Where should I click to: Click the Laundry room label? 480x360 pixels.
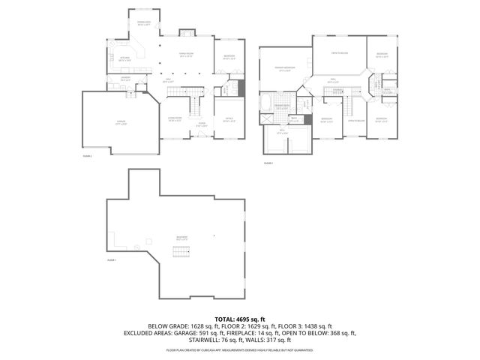(117, 78)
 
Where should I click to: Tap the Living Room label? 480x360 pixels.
(175, 118)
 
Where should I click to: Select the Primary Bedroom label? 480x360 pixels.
(284, 68)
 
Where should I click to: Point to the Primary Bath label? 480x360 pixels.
(282, 106)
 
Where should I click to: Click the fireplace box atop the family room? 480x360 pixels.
(187, 33)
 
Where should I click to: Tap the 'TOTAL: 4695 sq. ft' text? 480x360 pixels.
(240, 319)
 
